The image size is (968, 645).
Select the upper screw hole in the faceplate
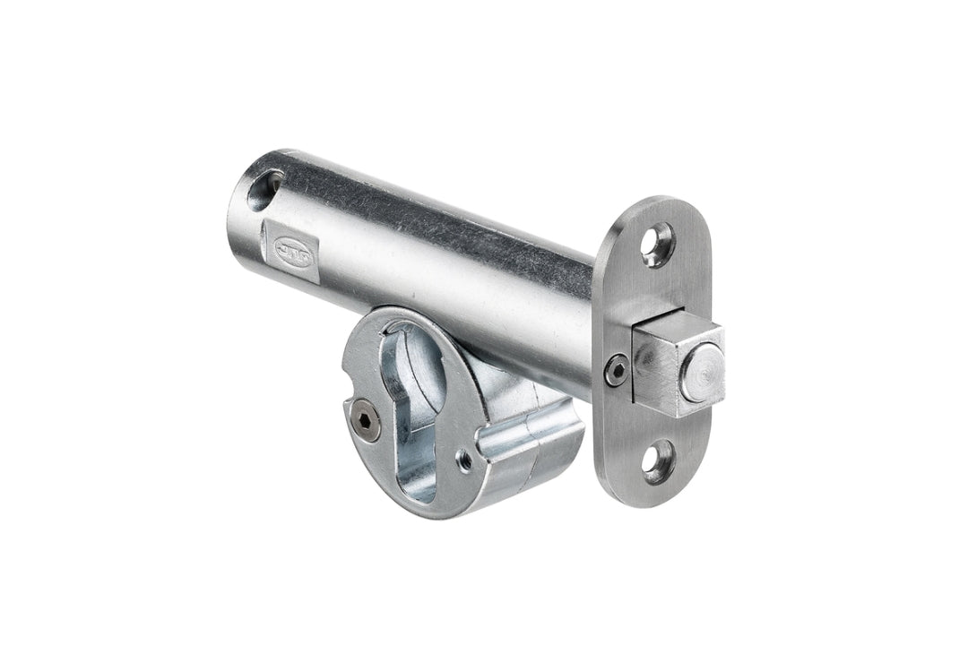[x=657, y=243]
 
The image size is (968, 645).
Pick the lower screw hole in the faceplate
[x=660, y=461]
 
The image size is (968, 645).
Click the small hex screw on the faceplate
[x=616, y=370]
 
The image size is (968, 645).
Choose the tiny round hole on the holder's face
[x=464, y=461]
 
